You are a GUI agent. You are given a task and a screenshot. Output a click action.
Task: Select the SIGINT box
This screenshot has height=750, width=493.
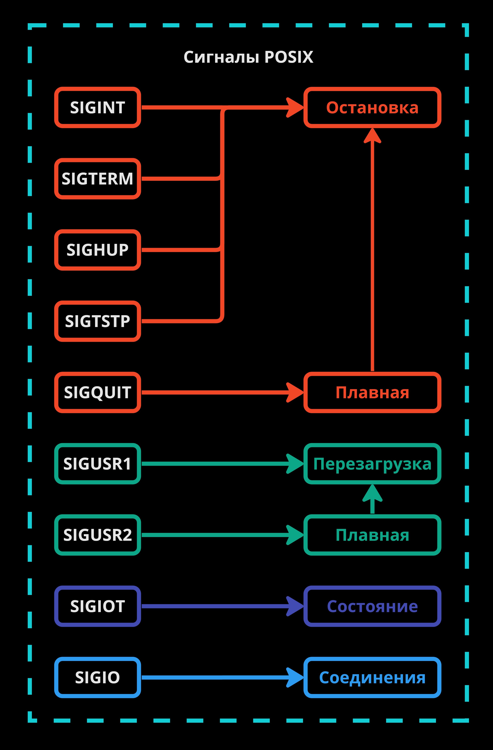click(x=97, y=107)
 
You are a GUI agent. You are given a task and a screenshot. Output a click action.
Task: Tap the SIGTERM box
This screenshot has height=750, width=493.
click(x=97, y=179)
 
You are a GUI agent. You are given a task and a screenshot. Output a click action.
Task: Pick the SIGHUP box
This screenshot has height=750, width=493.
click(x=97, y=250)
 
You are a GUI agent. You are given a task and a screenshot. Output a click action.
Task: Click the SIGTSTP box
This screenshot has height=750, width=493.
click(x=97, y=321)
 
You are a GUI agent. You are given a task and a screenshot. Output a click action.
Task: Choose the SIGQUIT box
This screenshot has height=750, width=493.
click(x=97, y=392)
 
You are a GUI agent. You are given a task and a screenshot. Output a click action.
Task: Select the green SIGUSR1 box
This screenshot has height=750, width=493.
click(x=97, y=464)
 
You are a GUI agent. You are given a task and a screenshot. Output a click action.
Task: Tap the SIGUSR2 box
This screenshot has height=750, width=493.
click(x=97, y=535)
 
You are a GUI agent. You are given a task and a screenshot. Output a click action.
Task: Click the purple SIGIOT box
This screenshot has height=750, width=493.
click(x=97, y=606)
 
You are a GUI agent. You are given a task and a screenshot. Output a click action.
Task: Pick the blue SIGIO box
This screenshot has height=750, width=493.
click(x=97, y=677)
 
